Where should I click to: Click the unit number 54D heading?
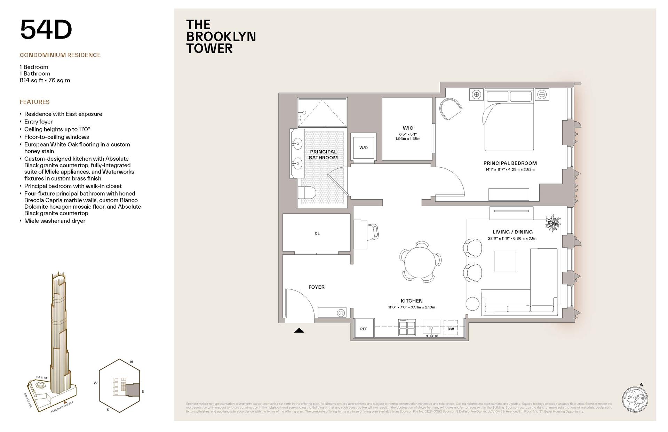click(46, 30)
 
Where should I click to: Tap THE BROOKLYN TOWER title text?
click(221, 37)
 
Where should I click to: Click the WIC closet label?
click(408, 128)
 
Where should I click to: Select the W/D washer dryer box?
click(363, 147)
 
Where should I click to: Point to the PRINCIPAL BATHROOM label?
click(323, 154)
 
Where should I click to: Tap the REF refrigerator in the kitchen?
click(364, 329)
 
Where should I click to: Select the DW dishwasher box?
click(451, 329)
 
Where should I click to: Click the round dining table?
click(420, 261)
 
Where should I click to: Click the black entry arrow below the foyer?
click(299, 330)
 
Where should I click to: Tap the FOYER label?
click(316, 287)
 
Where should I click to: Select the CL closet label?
click(317, 233)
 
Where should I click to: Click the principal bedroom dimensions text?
click(510, 170)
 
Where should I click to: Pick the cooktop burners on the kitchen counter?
click(407, 327)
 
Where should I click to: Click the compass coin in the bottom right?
click(635, 400)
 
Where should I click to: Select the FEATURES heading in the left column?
click(34, 102)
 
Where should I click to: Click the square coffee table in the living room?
click(505, 261)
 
